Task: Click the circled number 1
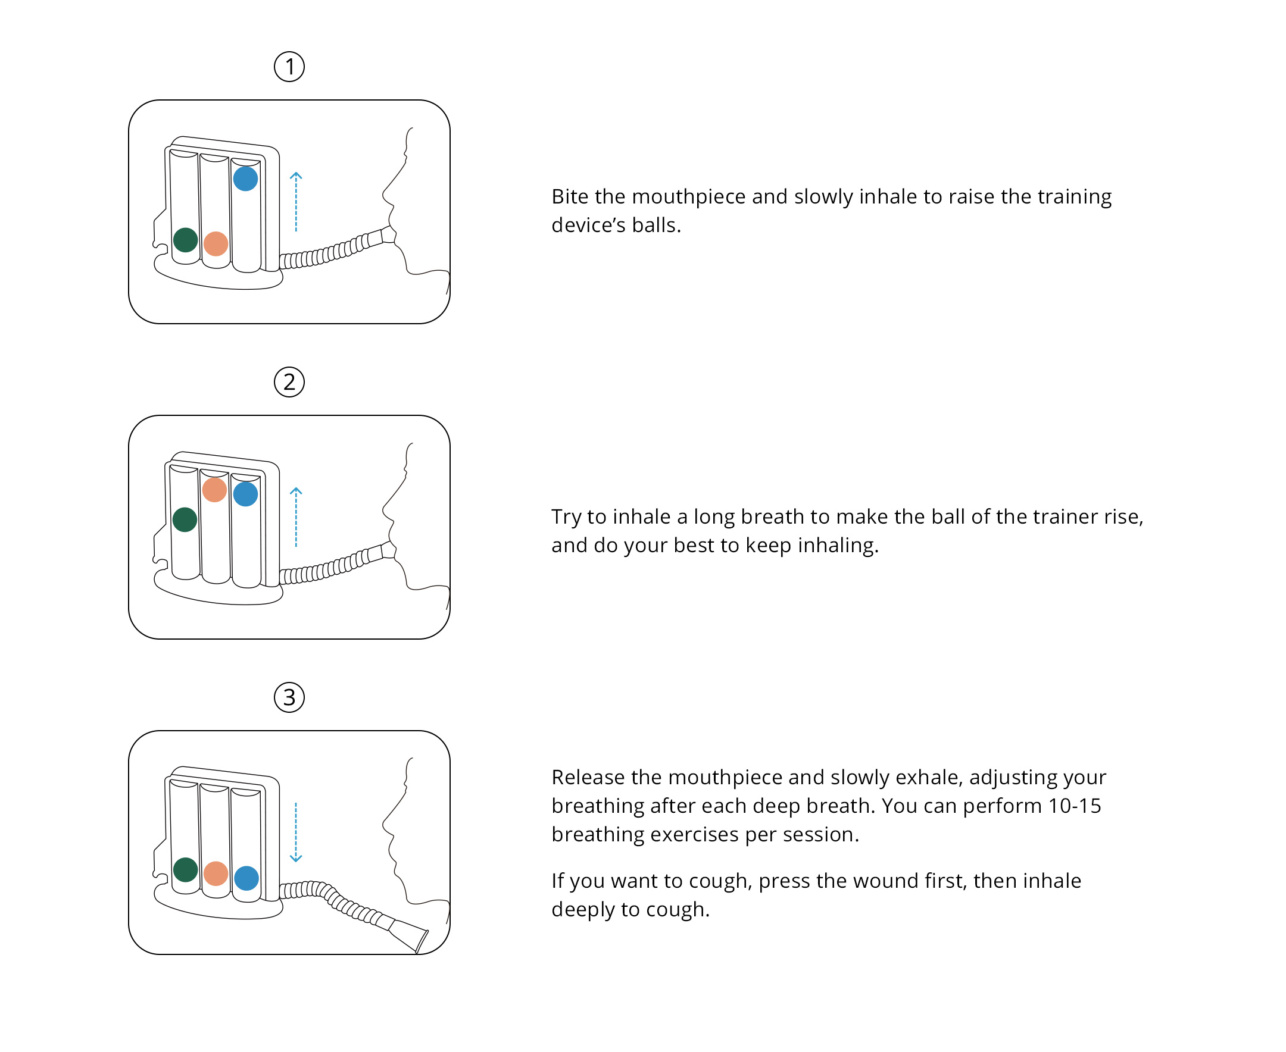(x=289, y=67)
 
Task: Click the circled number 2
(x=289, y=382)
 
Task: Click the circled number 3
(x=289, y=697)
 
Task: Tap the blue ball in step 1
(x=245, y=179)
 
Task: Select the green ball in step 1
(x=186, y=240)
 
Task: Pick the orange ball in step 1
(x=216, y=243)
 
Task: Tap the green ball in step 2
(x=185, y=519)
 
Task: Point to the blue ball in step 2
(x=245, y=494)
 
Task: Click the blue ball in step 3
(x=246, y=878)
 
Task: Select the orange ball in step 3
(x=216, y=874)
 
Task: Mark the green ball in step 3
(x=186, y=869)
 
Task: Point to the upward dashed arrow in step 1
(x=296, y=202)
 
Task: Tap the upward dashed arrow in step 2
(x=296, y=517)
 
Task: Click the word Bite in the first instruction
(x=569, y=197)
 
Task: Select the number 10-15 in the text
(x=1075, y=806)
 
